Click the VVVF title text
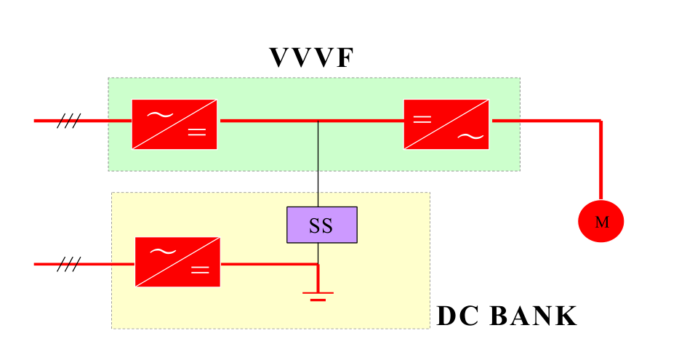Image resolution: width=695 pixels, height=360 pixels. pyautogui.click(x=310, y=58)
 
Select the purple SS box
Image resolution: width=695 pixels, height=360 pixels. pyautogui.click(x=321, y=225)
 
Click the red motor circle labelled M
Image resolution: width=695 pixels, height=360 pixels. pyautogui.click(x=601, y=222)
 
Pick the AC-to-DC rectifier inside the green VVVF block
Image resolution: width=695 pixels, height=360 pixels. pyautogui.click(x=174, y=124)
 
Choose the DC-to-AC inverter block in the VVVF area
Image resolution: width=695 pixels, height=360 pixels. pyautogui.click(x=446, y=124)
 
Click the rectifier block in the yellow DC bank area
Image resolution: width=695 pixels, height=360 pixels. pyautogui.click(x=177, y=262)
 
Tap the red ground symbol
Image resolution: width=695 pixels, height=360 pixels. pyautogui.click(x=318, y=295)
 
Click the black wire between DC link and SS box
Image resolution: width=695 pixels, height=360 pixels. pyautogui.click(x=318, y=164)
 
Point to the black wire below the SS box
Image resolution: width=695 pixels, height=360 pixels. pyautogui.click(x=318, y=253)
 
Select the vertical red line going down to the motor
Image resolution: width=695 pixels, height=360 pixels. pyautogui.click(x=601, y=160)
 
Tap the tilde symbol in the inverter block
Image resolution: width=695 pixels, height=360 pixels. pyautogui.click(x=470, y=136)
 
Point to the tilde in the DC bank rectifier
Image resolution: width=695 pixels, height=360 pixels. pyautogui.click(x=161, y=251)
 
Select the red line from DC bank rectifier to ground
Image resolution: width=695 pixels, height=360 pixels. pyautogui.click(x=269, y=264)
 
